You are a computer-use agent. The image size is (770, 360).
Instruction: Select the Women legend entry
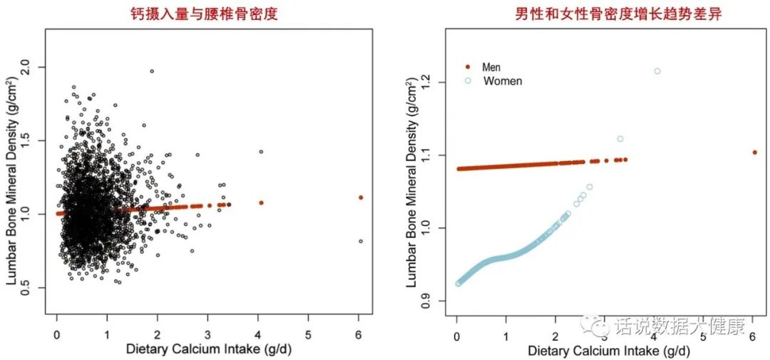pos(502,81)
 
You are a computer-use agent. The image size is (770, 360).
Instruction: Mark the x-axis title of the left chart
pos(208,350)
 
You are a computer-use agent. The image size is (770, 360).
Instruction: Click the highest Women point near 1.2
pos(657,71)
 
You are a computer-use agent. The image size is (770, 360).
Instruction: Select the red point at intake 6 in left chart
pos(361,197)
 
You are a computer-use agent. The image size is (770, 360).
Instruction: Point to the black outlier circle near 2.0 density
pos(152,71)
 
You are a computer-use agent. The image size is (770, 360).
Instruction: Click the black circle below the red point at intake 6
pos(361,241)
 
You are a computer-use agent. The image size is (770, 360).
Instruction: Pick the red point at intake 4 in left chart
pos(261,203)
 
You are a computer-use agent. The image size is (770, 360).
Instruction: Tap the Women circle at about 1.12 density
pos(620,138)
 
